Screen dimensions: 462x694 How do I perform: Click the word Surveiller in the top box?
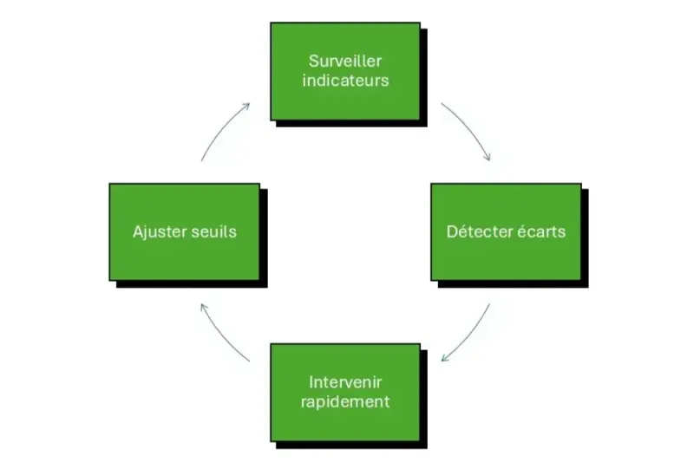[345, 61]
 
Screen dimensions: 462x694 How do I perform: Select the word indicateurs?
[345, 81]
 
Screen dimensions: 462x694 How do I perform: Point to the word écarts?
[542, 231]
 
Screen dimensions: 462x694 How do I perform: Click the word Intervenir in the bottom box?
[345, 381]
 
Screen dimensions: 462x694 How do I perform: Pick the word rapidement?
[345, 402]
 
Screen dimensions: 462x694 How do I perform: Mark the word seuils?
[213, 231]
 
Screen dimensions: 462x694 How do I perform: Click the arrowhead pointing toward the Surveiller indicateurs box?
[247, 106]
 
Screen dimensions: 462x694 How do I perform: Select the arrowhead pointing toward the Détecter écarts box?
[488, 159]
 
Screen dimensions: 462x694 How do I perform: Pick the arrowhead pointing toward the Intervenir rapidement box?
[444, 359]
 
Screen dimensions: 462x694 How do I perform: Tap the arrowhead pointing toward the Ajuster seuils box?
[201, 306]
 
